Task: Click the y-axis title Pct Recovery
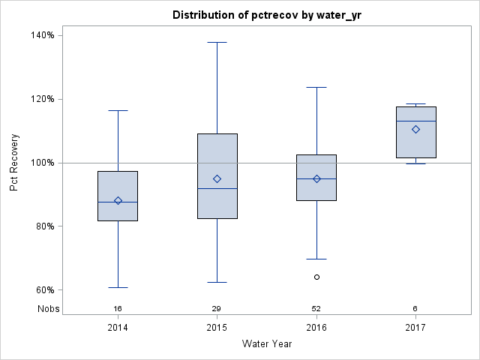click(x=14, y=163)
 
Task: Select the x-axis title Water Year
click(x=266, y=344)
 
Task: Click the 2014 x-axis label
click(x=118, y=328)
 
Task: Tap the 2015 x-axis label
click(x=217, y=328)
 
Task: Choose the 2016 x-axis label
click(x=316, y=328)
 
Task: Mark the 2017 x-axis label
click(x=415, y=328)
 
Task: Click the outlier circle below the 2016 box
click(x=316, y=277)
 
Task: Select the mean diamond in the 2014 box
click(x=118, y=200)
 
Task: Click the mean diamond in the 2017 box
click(x=415, y=129)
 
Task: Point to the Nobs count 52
click(x=316, y=309)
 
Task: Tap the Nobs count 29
click(x=217, y=309)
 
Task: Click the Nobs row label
click(x=48, y=309)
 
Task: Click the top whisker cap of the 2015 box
click(x=217, y=43)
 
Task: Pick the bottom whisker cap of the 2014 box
click(x=118, y=287)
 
